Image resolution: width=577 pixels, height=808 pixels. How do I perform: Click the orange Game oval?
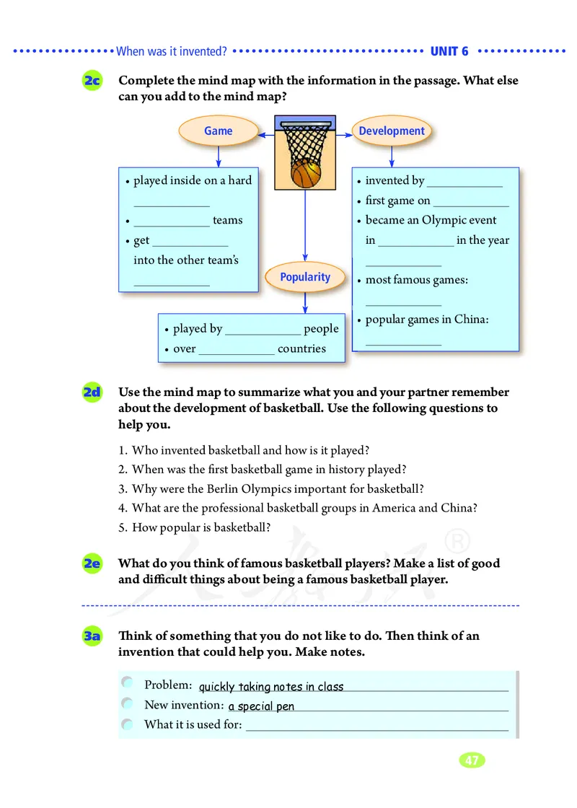pos(218,131)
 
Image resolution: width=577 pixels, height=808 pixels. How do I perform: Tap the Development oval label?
pos(392,131)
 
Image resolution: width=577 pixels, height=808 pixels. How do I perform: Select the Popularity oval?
pos(305,277)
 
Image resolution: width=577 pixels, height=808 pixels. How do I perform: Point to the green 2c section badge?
pos(92,82)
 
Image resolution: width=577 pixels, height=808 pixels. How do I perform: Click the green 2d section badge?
pos(92,393)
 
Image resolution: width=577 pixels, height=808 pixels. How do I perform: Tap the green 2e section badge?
pos(92,563)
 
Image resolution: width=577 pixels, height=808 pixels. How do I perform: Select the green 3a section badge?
pos(92,636)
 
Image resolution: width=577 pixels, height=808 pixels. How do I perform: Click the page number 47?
pos(472,760)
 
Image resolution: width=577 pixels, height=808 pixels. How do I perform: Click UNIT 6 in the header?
pos(449,51)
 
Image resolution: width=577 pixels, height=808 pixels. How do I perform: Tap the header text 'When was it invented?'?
pos(172,51)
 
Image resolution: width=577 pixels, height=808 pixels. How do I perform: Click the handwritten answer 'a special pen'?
pos(261,706)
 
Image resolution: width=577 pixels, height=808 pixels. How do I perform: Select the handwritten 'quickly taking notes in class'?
pos(271,687)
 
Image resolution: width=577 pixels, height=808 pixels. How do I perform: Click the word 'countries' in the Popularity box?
pos(301,348)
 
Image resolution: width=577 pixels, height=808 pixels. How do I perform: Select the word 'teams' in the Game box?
pos(227,220)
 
